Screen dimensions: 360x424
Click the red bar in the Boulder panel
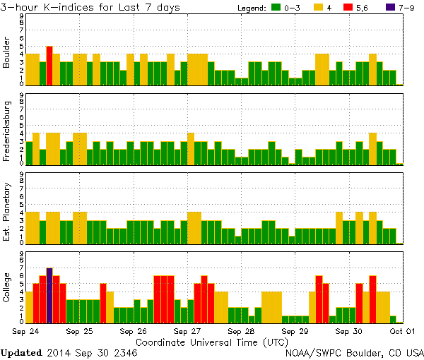click(49, 66)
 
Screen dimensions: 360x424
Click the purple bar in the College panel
click(49, 295)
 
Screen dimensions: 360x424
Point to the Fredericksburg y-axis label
click(7, 130)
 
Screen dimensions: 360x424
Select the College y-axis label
click(7, 288)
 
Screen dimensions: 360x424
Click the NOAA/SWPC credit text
click(354, 352)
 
